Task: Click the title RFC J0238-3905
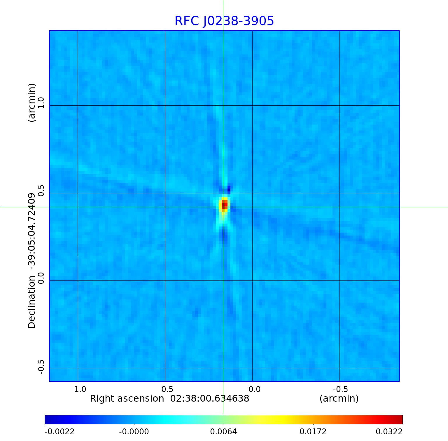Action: click(x=224, y=21)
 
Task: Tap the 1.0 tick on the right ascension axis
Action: click(x=80, y=389)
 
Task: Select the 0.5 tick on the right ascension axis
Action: click(x=167, y=389)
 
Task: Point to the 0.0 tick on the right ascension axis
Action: click(x=254, y=389)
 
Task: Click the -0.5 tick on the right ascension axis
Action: click(x=340, y=389)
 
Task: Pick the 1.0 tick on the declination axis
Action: click(x=41, y=103)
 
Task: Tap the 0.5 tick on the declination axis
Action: click(x=41, y=190)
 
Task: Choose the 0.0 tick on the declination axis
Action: click(x=41, y=278)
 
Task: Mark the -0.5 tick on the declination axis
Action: click(x=41, y=367)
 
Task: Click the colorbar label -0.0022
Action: click(x=60, y=432)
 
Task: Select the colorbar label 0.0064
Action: click(x=223, y=432)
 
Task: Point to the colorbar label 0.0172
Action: click(x=313, y=432)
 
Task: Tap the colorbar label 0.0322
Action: click(x=389, y=432)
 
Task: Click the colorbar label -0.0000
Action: click(x=134, y=432)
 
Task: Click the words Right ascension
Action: click(x=127, y=399)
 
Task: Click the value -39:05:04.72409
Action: click(x=32, y=230)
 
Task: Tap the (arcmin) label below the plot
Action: click(x=339, y=399)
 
